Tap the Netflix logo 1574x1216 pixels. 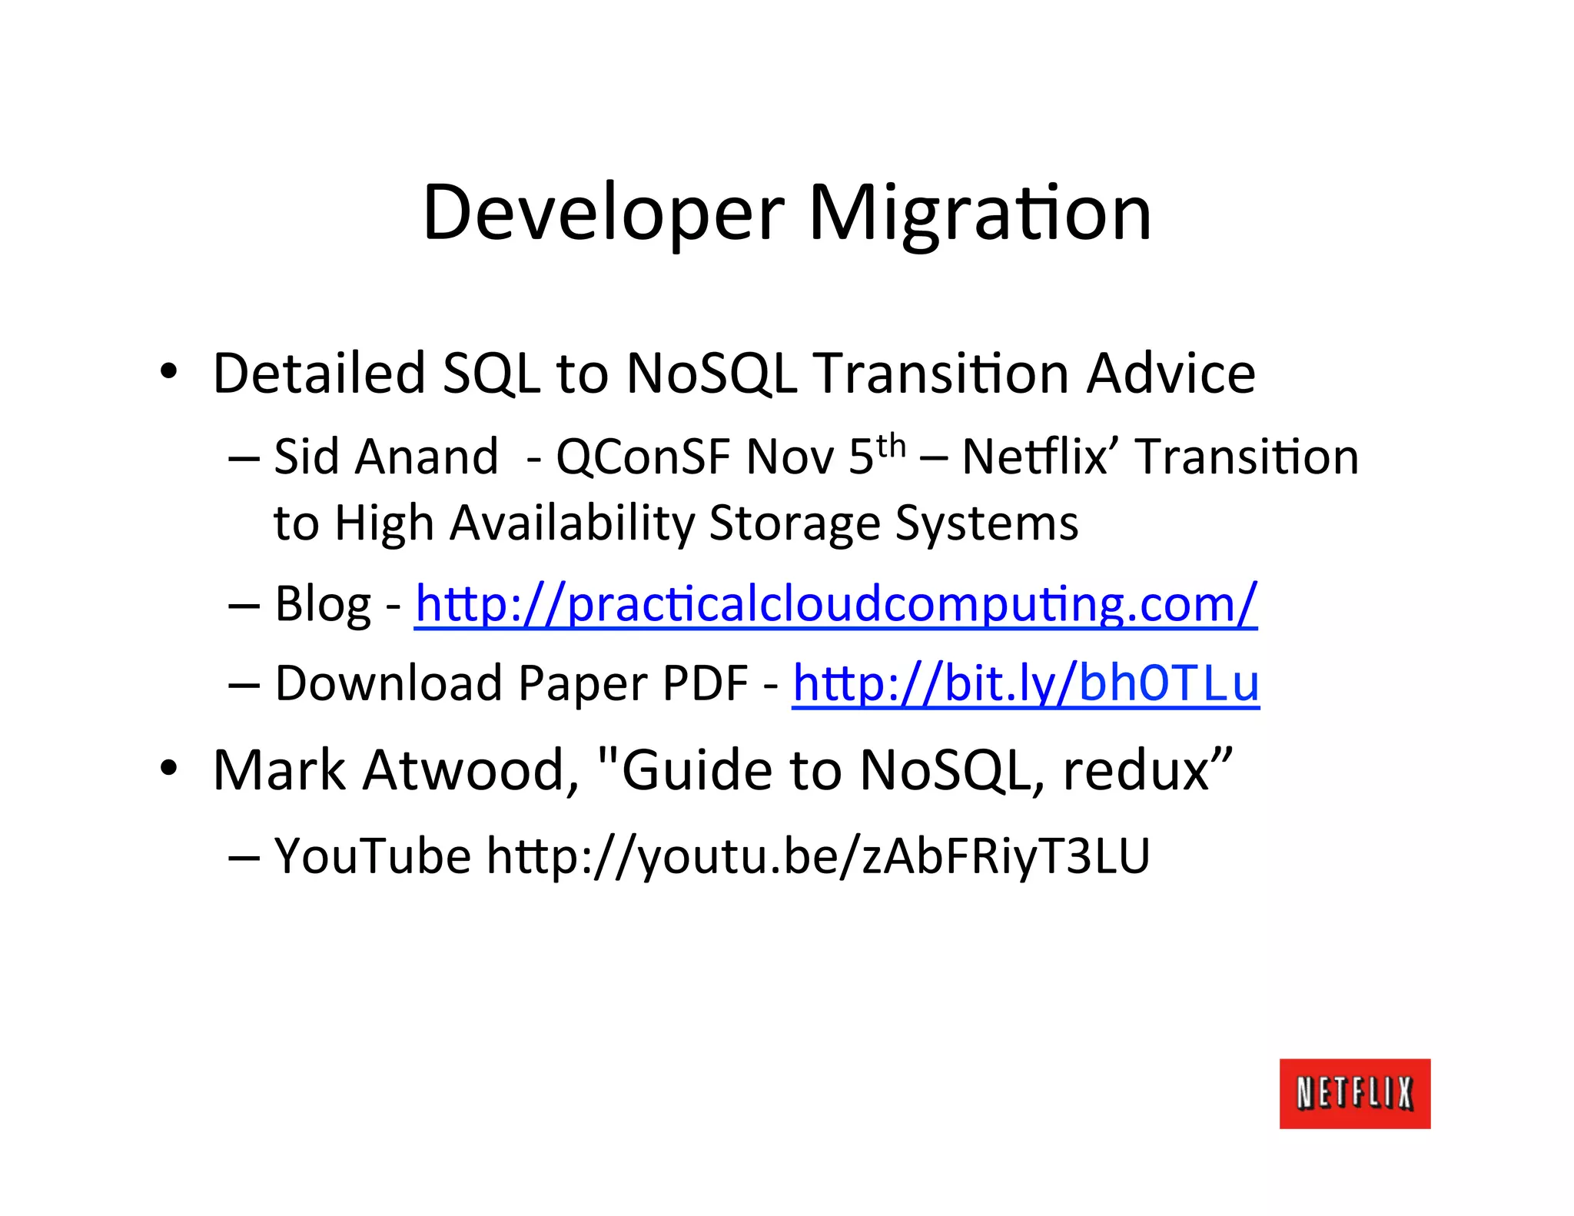pos(1354,1093)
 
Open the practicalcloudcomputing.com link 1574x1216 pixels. pos(835,604)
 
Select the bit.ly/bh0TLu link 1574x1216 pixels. pos(1025,683)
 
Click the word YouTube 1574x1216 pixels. pos(373,856)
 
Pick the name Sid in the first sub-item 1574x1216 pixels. pos(306,457)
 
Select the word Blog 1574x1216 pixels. pos(323,604)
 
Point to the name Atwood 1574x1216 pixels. pos(470,770)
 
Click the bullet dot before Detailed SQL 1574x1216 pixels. pos(168,372)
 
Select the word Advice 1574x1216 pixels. pos(1171,374)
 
